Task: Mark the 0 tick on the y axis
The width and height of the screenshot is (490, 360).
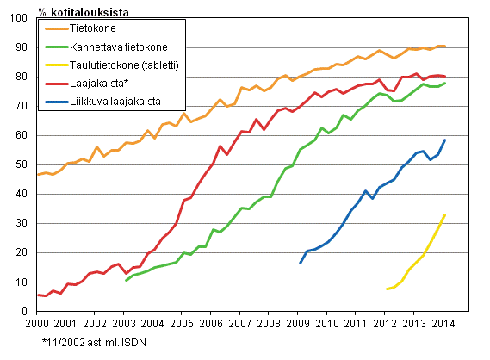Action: pos(28,311)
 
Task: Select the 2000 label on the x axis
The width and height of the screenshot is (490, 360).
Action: pos(36,323)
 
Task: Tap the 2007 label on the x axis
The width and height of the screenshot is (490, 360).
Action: pos(239,323)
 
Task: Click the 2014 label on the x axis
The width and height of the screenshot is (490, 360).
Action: pos(441,323)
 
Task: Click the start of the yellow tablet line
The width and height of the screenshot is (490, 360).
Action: pos(387,289)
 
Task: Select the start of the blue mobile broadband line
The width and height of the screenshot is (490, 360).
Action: pos(300,263)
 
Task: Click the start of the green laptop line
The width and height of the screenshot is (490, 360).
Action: pos(126,281)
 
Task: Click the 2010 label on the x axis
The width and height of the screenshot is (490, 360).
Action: pos(326,323)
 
